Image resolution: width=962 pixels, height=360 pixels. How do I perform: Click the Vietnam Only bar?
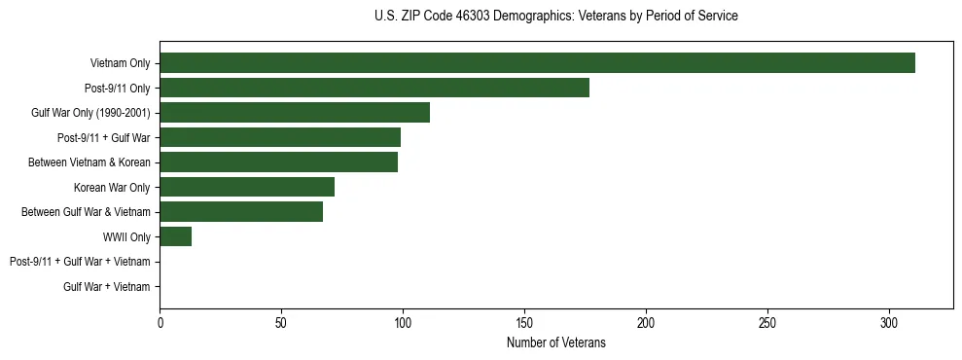pyautogui.click(x=537, y=63)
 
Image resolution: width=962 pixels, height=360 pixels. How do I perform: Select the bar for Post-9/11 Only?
pyautogui.click(x=374, y=88)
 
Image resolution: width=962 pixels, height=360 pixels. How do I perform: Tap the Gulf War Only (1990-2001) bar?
pyautogui.click(x=295, y=113)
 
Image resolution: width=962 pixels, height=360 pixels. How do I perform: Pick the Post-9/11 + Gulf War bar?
pyautogui.click(x=280, y=137)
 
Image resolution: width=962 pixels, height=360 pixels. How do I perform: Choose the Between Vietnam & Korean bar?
pyautogui.click(x=278, y=162)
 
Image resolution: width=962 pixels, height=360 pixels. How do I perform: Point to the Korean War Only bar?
pyautogui.click(x=247, y=187)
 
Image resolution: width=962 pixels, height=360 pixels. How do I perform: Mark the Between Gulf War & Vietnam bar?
pyautogui.click(x=241, y=211)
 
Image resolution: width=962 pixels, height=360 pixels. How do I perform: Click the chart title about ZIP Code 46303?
pyautogui.click(x=555, y=17)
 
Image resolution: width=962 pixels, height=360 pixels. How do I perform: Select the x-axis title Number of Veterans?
pyautogui.click(x=555, y=342)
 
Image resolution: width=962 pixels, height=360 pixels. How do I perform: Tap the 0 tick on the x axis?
pyautogui.click(x=160, y=322)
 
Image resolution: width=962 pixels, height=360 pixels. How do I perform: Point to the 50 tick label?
pyautogui.click(x=281, y=322)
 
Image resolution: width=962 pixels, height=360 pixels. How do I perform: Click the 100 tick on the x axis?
pyautogui.click(x=403, y=322)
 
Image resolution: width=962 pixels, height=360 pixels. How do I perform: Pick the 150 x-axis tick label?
pyautogui.click(x=524, y=322)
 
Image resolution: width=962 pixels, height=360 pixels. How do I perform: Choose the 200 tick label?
pyautogui.click(x=646, y=322)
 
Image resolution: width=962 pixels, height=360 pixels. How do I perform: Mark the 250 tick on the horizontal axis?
pyautogui.click(x=767, y=322)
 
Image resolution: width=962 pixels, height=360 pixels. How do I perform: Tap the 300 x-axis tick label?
pyautogui.click(x=889, y=322)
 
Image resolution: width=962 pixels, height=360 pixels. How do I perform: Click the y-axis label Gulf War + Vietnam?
pyautogui.click(x=107, y=286)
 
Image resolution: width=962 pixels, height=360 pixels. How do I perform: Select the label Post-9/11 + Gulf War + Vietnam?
pyautogui.click(x=80, y=262)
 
